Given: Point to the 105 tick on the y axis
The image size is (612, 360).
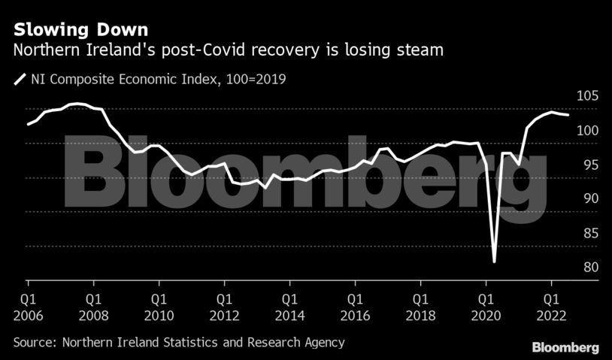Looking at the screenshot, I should pos(588,96).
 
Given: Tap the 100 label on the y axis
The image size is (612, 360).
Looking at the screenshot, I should pos(588,131).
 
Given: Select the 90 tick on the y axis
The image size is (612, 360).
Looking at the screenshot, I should pos(588,199).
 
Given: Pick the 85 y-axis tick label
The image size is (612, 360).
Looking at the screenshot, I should pos(588,234).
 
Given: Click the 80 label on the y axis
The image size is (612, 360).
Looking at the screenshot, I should pos(588,268).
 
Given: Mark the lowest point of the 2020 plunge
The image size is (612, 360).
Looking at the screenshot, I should pos(494,262).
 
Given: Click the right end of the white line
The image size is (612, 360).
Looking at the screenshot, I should pos(568,115).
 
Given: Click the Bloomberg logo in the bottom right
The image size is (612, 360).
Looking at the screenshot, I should pos(565,347).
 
